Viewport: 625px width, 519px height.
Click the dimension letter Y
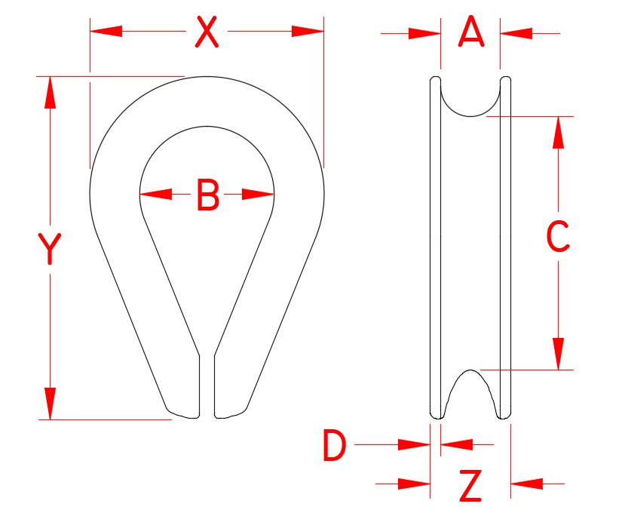click(50, 250)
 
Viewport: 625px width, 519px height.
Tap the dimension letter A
click(470, 32)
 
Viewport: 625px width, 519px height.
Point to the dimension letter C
click(558, 238)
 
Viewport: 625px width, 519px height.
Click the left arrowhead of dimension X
click(106, 31)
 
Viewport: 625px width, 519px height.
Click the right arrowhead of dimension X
click(308, 31)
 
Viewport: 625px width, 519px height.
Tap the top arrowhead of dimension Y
click(50, 92)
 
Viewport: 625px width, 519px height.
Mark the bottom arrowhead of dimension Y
click(50, 403)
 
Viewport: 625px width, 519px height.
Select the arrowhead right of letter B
click(259, 195)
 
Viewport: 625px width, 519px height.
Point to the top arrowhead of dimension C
click(558, 132)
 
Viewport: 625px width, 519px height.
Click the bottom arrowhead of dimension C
click(558, 354)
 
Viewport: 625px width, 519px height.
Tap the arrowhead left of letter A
click(424, 33)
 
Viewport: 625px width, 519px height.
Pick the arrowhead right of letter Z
click(526, 483)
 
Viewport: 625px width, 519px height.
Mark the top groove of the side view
click(470, 98)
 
